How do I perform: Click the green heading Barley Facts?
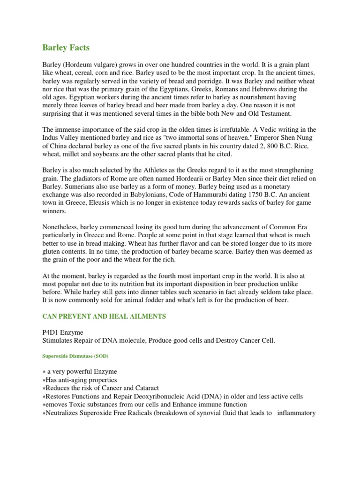[x=66, y=47]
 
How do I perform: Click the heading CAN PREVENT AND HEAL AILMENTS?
[x=104, y=317]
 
